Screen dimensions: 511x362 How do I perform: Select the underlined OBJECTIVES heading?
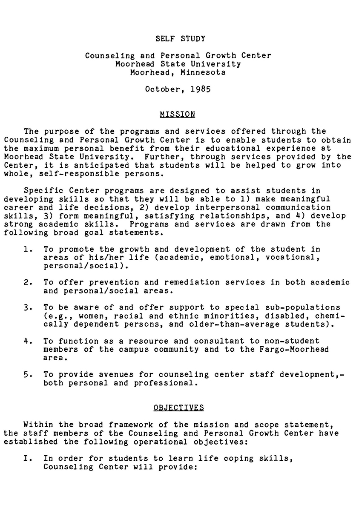coord(178,408)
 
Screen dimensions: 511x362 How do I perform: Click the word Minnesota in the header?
coord(203,72)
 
